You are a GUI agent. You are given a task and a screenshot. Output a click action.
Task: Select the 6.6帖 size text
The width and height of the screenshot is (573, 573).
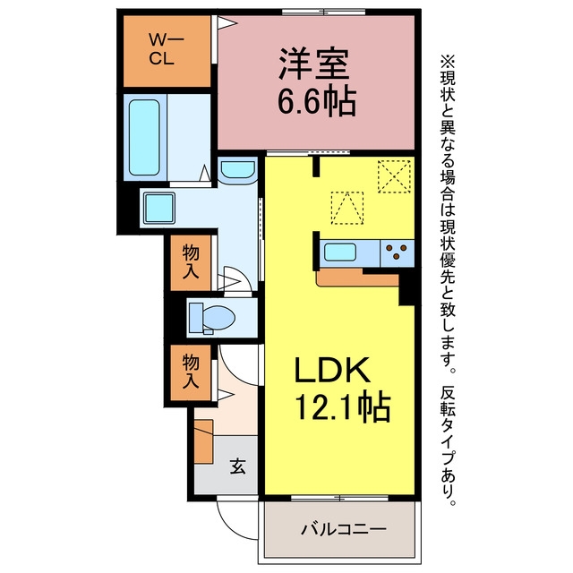[317, 100]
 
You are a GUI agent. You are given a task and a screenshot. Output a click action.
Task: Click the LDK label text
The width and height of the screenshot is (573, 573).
[332, 370]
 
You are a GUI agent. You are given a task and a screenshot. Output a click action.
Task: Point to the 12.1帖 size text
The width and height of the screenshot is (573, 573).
[342, 406]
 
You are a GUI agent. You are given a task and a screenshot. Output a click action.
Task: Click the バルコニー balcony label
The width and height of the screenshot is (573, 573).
[344, 529]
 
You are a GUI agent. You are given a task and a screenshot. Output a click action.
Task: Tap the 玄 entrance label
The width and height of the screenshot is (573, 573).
[238, 466]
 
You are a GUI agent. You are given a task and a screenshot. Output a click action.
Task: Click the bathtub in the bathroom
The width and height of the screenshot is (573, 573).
[144, 137]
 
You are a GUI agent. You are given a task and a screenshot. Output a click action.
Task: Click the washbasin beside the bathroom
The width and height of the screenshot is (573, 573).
[237, 170]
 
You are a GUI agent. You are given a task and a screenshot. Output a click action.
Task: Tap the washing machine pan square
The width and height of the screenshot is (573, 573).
[159, 208]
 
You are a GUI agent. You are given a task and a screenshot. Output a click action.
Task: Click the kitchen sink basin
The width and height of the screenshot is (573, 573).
[340, 252]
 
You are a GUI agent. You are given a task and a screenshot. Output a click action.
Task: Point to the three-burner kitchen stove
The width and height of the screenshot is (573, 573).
[397, 252]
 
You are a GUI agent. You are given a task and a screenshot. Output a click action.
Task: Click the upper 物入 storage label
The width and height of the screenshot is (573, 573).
[191, 261]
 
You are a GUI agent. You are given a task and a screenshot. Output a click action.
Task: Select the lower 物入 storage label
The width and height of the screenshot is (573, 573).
[191, 372]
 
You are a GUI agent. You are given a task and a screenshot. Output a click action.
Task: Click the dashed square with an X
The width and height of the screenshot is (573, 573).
[394, 176]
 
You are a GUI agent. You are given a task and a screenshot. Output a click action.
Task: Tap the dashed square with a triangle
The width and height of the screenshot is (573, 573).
[347, 208]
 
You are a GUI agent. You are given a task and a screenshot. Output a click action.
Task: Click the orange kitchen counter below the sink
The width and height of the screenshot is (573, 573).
[357, 278]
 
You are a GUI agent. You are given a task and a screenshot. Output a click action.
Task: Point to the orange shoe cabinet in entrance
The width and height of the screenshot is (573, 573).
[203, 441]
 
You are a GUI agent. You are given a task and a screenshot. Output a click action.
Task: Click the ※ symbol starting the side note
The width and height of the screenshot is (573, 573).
[448, 62]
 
